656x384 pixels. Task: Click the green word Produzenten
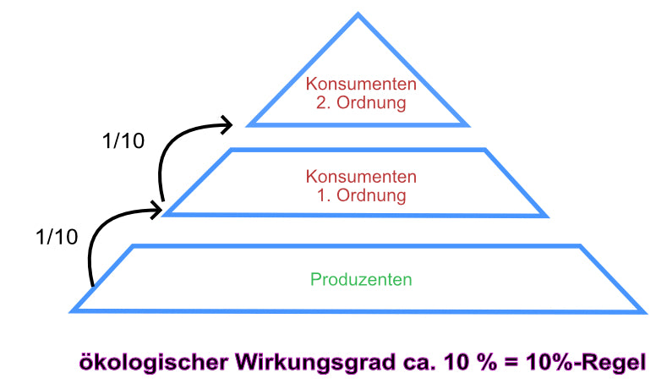(361, 279)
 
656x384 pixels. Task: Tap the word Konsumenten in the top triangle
(361, 85)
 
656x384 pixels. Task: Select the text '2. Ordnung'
(361, 103)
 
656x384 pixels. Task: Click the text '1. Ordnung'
(361, 195)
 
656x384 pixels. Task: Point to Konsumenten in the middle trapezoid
(361, 178)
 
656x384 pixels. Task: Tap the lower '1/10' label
(57, 237)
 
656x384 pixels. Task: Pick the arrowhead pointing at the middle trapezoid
(156, 205)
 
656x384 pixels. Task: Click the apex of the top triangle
(358, 14)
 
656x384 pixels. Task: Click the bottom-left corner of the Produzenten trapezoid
(72, 310)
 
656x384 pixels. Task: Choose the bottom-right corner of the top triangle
(467, 125)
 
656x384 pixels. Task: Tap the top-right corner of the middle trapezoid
(486, 151)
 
